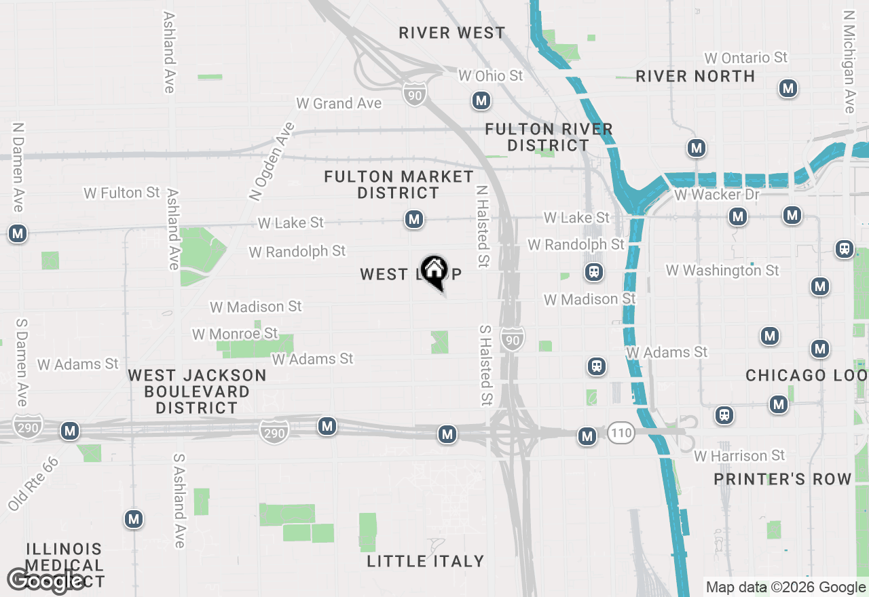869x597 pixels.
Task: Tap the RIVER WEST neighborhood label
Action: (x=452, y=33)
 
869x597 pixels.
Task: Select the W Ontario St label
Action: (x=745, y=58)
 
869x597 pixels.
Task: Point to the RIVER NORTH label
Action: (x=695, y=76)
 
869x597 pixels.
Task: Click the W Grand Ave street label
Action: (x=339, y=104)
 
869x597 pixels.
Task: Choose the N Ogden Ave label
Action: (x=272, y=161)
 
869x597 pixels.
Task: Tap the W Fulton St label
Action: (x=122, y=193)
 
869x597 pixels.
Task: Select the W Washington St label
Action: (x=722, y=270)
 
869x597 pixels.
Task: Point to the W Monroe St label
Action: (x=235, y=334)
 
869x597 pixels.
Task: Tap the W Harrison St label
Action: (x=739, y=455)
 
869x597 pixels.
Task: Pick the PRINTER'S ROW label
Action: (x=782, y=480)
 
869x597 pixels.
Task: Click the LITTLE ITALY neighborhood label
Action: (x=426, y=561)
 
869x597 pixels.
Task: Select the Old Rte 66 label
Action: (x=33, y=483)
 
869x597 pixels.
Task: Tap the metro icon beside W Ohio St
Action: (x=481, y=101)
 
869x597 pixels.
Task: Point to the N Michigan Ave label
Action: (x=849, y=61)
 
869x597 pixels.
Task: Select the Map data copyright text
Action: (x=785, y=588)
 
